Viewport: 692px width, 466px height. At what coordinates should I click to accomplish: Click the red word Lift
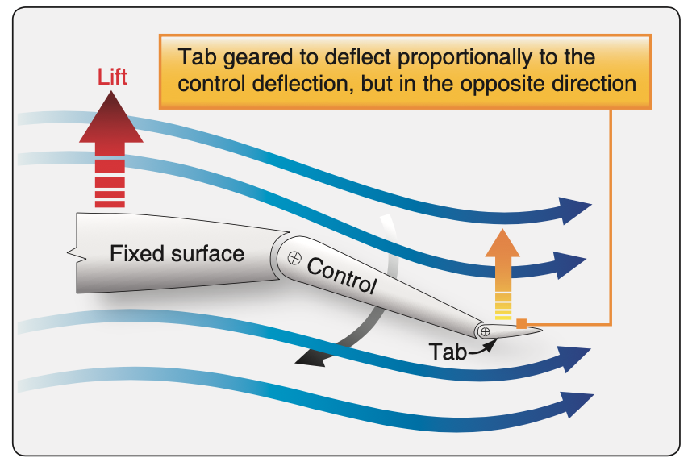coord(112,77)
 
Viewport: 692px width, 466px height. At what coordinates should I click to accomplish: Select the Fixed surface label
coord(177,254)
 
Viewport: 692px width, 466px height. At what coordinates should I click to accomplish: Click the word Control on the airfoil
coord(342,276)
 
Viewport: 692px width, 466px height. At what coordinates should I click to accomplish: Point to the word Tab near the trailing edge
coord(448,352)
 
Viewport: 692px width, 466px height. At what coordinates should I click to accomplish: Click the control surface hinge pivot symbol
coord(294,258)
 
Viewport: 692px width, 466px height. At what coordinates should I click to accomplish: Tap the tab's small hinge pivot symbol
coord(485,331)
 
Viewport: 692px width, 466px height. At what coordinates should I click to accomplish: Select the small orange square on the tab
coord(522,323)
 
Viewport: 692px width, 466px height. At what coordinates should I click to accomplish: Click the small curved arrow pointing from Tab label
coord(482,347)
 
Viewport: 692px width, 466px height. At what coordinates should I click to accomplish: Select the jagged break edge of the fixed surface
coord(77,253)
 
